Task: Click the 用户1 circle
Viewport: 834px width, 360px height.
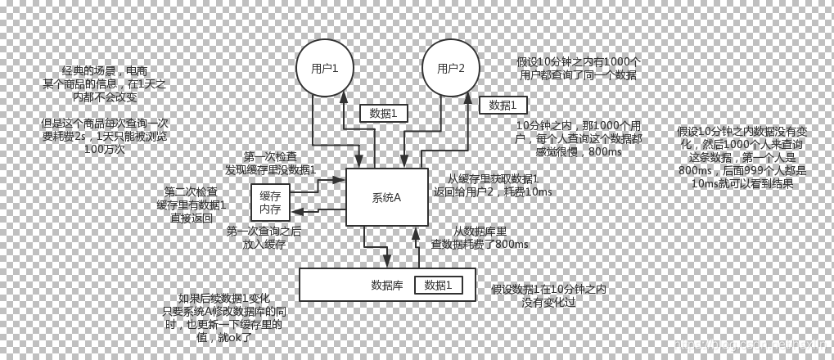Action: (324, 68)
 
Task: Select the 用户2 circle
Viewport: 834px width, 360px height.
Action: (450, 68)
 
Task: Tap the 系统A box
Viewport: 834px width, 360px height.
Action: (386, 197)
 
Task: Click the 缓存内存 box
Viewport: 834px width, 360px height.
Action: (270, 202)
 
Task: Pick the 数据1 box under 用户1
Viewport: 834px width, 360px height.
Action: (383, 114)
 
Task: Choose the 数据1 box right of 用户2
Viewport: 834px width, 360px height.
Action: (503, 105)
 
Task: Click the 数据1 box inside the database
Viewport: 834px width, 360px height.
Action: (438, 286)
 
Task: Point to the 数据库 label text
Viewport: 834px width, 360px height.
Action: (387, 286)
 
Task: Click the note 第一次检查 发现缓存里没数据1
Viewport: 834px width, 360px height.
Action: (270, 163)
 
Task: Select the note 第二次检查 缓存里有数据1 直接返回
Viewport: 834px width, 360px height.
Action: (192, 205)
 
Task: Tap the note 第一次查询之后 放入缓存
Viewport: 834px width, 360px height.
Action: (264, 237)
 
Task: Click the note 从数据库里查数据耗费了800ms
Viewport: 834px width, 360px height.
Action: (480, 237)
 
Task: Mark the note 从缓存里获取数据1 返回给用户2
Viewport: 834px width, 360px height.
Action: (493, 185)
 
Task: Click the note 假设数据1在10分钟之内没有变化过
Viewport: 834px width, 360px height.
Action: (548, 295)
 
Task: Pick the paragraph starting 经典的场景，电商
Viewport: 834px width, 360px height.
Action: (104, 83)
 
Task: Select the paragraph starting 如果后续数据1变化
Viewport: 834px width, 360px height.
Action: (223, 317)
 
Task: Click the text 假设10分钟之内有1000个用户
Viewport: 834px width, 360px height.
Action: (579, 68)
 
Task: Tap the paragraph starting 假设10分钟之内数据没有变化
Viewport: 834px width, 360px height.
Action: (742, 157)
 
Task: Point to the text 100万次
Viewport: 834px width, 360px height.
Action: (104, 149)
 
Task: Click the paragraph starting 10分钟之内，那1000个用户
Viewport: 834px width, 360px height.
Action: (578, 138)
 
